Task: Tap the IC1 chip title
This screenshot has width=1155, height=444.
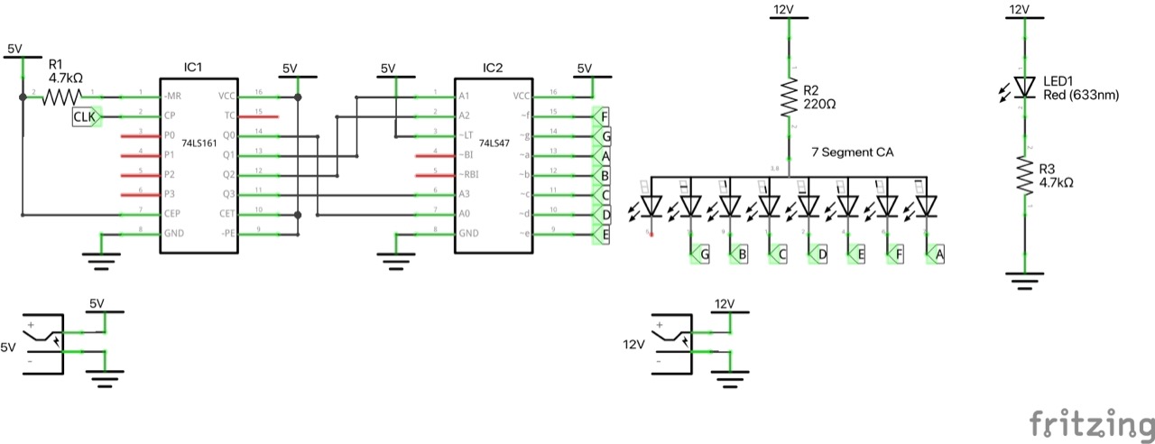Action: pyautogui.click(x=192, y=68)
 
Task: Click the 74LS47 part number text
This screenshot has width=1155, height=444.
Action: pyautogui.click(x=494, y=143)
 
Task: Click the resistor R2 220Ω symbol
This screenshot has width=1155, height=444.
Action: pyautogui.click(x=790, y=98)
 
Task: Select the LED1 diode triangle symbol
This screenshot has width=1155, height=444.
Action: pyautogui.click(x=1024, y=86)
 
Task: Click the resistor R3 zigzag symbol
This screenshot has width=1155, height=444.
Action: pyautogui.click(x=1024, y=176)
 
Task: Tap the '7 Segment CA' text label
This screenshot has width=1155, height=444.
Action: pyautogui.click(x=851, y=153)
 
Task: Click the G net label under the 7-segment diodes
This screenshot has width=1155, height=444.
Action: pyautogui.click(x=703, y=256)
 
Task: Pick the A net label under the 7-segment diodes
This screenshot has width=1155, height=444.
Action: pyautogui.click(x=938, y=256)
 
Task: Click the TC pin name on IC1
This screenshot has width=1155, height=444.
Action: pyautogui.click(x=229, y=116)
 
